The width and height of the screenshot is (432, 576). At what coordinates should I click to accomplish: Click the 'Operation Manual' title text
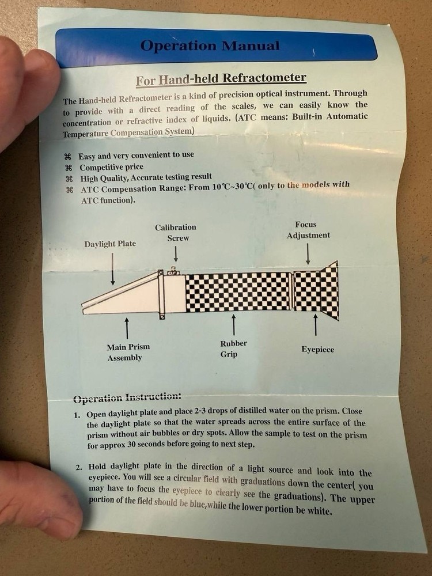[210, 46]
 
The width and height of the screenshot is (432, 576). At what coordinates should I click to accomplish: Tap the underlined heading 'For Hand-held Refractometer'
[221, 79]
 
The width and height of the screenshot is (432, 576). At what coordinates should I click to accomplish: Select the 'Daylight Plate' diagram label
[110, 244]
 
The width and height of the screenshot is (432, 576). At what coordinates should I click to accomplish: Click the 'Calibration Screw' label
[176, 233]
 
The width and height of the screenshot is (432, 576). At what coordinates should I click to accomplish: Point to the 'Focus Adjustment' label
[308, 230]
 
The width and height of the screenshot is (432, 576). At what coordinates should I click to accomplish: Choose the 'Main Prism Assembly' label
[128, 353]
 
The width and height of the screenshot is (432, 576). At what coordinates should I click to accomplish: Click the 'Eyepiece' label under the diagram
[318, 350]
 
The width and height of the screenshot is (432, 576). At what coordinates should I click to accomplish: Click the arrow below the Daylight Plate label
[113, 269]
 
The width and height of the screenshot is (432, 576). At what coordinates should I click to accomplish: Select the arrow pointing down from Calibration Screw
[176, 253]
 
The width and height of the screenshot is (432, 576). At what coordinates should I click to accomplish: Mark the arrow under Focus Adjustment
[308, 254]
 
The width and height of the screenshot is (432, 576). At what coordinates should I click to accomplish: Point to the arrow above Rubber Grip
[233, 325]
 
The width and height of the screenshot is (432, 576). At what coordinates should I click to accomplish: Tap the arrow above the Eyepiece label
[315, 324]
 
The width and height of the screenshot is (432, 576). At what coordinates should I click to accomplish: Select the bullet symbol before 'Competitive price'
[69, 168]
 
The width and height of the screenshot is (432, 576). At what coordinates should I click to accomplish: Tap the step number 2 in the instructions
[79, 468]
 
